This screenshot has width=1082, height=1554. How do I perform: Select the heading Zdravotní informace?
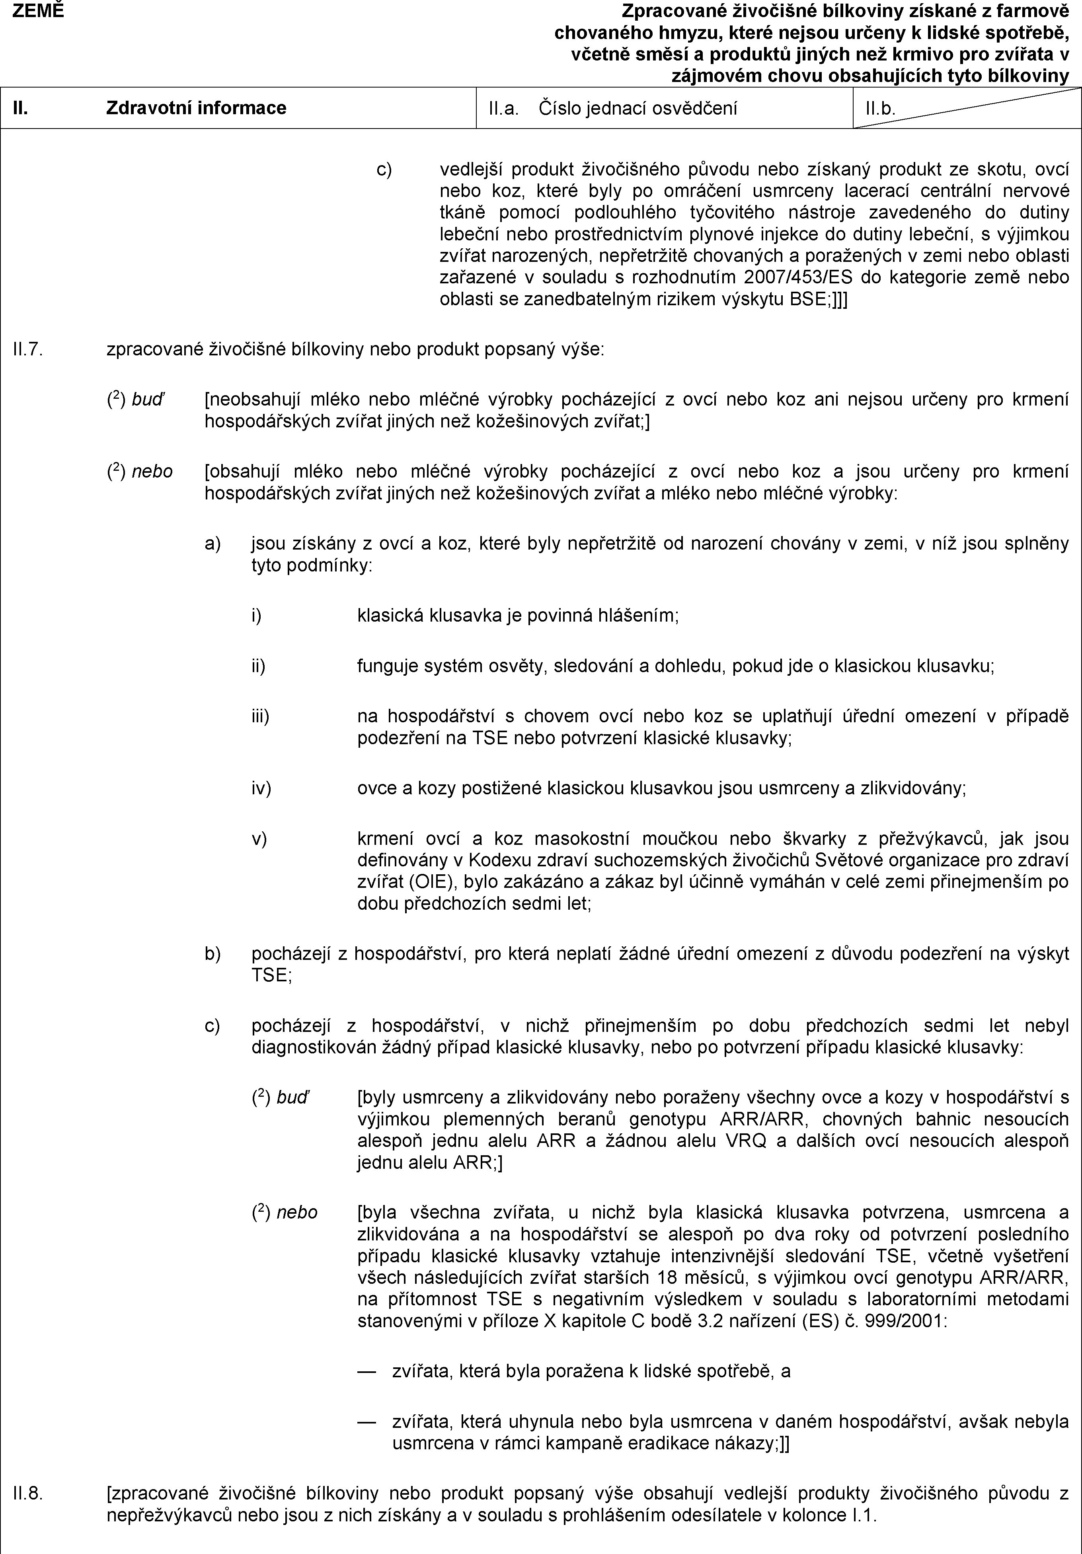(196, 107)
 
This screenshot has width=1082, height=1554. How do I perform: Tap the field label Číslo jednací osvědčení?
(638, 107)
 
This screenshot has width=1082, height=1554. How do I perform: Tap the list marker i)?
(256, 616)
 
